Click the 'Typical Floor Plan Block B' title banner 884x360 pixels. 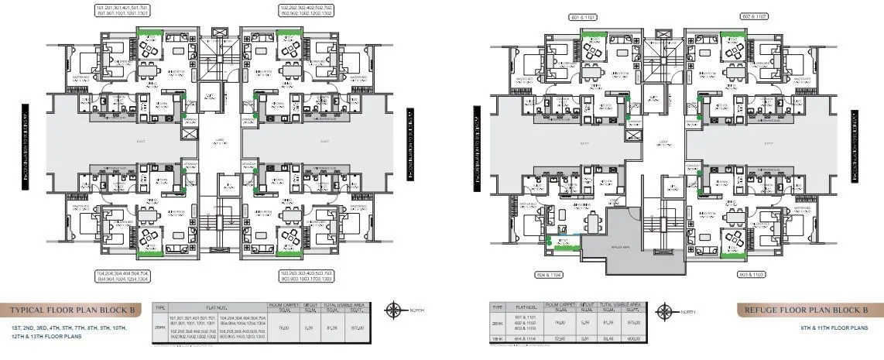[74, 310]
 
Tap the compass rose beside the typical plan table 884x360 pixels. [395, 310]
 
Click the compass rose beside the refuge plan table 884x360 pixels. [663, 311]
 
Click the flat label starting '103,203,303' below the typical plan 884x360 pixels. [307, 277]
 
